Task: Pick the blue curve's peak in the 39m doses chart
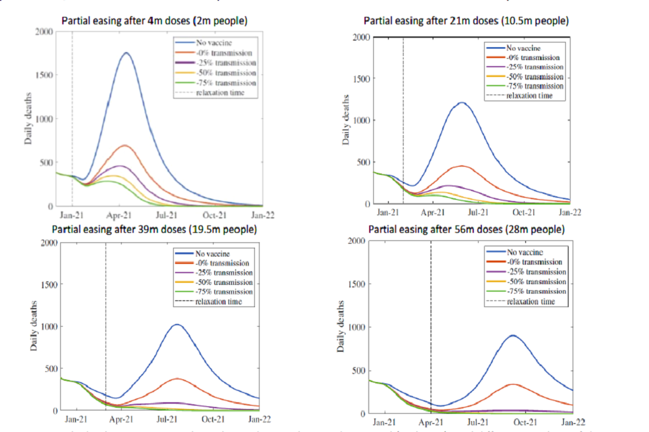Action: click(177, 325)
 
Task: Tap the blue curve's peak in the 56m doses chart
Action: click(512, 335)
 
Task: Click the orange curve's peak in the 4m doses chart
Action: click(125, 145)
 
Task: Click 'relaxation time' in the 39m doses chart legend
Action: click(217, 301)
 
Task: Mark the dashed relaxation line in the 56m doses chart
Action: click(431, 324)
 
